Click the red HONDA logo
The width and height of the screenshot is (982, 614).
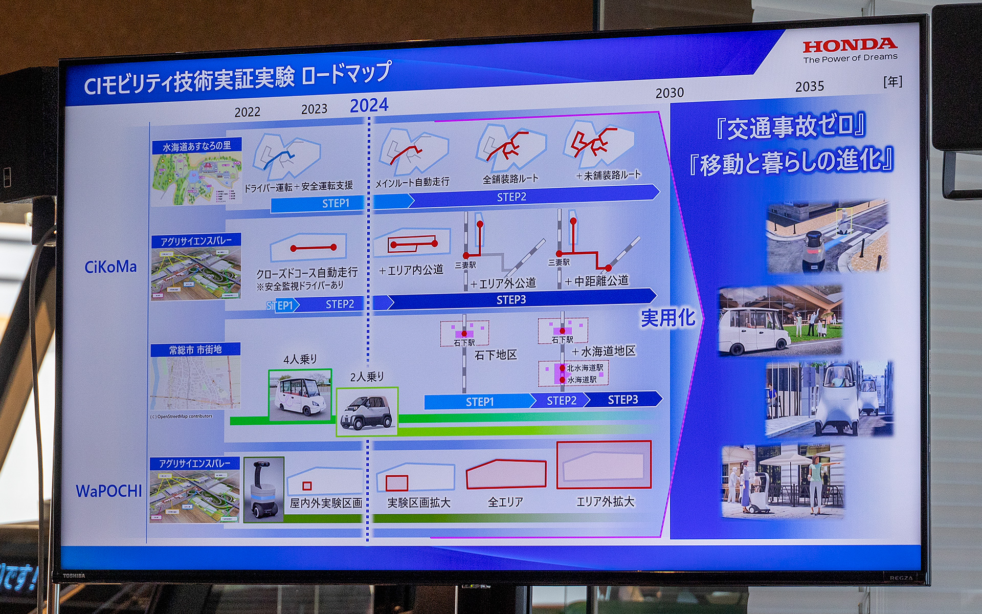point(850,46)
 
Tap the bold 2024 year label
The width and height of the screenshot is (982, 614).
point(369,105)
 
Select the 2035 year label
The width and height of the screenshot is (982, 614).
point(809,86)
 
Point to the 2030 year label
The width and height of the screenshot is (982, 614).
point(669,93)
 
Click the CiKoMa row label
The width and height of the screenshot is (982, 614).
point(110,267)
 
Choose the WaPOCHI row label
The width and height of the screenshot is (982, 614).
point(109,491)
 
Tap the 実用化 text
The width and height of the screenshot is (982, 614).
point(668,318)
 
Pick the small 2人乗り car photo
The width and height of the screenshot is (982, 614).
point(367,411)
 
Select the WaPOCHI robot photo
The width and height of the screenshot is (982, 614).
point(264,489)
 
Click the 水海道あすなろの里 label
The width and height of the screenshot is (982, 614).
point(196,146)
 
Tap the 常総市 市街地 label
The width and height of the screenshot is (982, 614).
point(195,350)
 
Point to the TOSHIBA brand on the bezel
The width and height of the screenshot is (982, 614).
point(74,576)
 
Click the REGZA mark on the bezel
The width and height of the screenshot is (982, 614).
point(901,578)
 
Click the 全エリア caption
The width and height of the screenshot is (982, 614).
point(505,502)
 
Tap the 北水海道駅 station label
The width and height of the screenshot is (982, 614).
point(585,367)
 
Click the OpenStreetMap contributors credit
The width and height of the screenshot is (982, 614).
point(181,416)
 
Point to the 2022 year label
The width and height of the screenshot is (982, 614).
point(247,112)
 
